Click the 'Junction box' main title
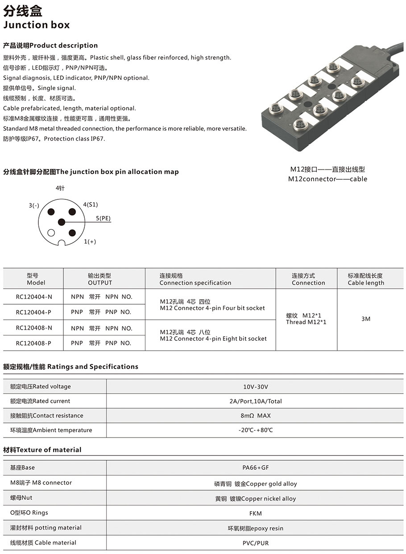click(37, 25)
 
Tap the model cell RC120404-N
click(34, 297)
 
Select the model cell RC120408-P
click(34, 343)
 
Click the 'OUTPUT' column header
click(100, 283)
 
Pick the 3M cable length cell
click(366, 319)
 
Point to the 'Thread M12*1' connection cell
click(306, 322)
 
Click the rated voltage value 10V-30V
click(256, 387)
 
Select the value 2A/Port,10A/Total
click(256, 401)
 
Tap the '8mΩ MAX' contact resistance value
click(256, 416)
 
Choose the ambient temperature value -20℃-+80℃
click(256, 430)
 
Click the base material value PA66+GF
click(256, 468)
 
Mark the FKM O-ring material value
click(256, 513)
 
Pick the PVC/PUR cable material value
click(256, 543)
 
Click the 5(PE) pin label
click(103, 219)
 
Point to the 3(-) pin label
click(34, 206)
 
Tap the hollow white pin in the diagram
click(51, 232)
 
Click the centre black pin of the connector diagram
click(62, 222)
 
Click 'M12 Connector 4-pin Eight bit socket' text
click(213, 339)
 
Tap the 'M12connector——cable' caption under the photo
click(327, 179)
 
